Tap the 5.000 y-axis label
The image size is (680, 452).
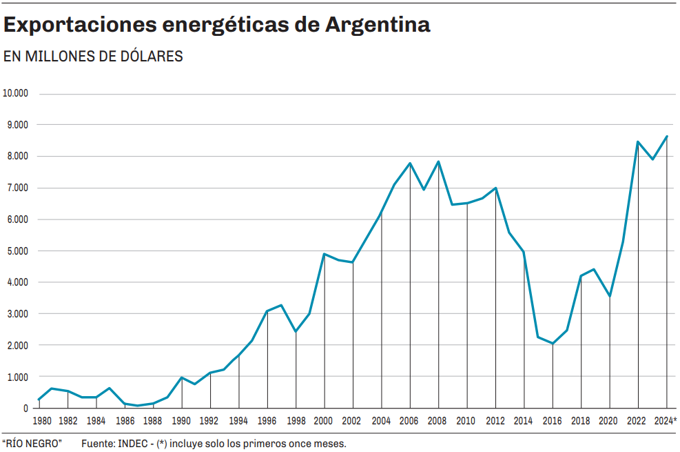(x=18, y=250)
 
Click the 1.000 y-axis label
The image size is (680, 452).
(x=18, y=377)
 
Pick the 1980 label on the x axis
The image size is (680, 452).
(x=41, y=420)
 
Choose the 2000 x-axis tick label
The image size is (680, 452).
(x=323, y=420)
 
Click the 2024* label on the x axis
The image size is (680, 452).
(x=666, y=420)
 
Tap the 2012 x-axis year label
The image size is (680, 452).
(x=495, y=420)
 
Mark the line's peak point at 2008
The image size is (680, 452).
(x=438, y=162)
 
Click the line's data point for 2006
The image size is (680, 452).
(x=410, y=164)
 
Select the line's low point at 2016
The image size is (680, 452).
(x=553, y=344)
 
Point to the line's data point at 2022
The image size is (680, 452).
(x=638, y=141)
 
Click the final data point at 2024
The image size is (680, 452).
(x=667, y=136)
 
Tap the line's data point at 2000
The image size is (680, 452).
(x=324, y=254)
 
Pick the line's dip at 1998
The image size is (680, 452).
(x=296, y=332)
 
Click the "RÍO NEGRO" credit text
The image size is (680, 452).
(x=32, y=443)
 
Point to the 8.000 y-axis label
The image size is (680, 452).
(x=18, y=156)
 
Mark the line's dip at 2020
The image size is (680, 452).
(x=610, y=296)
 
